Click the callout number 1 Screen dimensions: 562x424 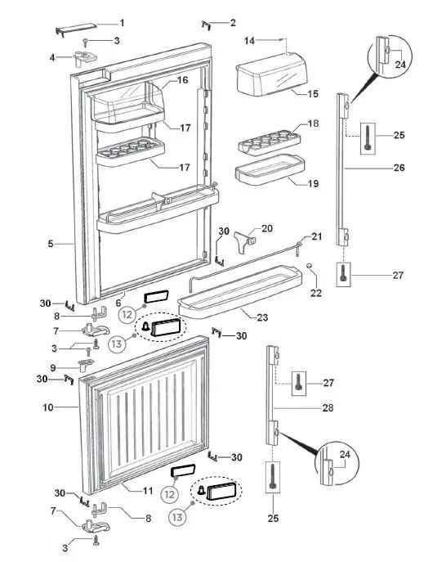pos(123,22)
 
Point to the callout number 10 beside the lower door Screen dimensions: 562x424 pos(48,407)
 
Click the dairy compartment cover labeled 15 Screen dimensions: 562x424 pos(270,77)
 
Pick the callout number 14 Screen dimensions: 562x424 pos(251,39)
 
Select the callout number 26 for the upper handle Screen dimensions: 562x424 pos(399,169)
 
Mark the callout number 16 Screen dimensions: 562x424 pos(183,80)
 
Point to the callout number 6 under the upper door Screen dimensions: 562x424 pos(118,302)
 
